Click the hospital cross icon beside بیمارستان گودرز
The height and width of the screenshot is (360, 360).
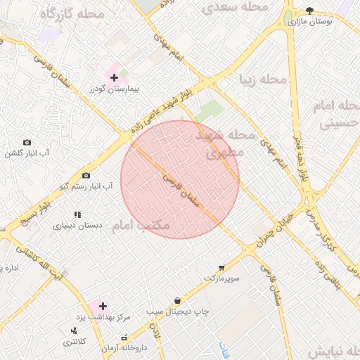coord(115,77)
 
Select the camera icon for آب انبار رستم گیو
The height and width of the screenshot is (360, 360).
coord(86,175)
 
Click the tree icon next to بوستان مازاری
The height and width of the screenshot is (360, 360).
coord(310,10)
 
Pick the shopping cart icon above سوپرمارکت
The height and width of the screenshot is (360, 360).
coord(221,268)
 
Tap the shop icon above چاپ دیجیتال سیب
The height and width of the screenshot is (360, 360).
coord(177,300)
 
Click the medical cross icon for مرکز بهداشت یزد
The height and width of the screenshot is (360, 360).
coord(103,307)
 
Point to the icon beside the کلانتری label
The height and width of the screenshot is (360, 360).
coord(73,330)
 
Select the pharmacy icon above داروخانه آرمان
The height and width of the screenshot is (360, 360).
coord(125,338)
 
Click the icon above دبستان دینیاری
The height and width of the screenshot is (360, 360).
coord(77,214)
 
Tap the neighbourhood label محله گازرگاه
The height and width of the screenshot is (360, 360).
coord(71,14)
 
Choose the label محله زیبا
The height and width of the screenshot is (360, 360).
coord(263,79)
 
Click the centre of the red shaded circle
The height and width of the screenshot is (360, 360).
coord(180,179)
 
